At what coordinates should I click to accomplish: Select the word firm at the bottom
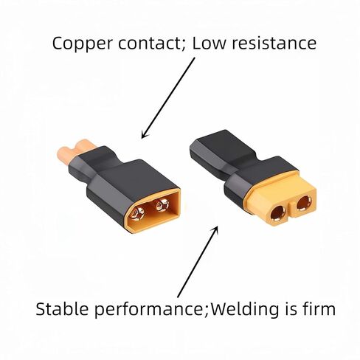pyautogui.click(x=315, y=308)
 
